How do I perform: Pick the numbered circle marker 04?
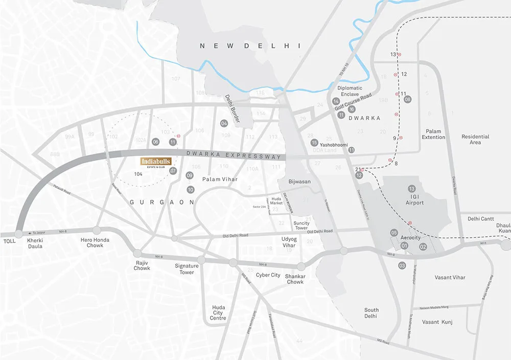[224, 123]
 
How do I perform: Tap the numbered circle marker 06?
[156, 142]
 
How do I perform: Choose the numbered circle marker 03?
[402, 265]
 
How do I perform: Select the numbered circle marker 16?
[352, 109]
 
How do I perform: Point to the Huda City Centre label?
[218, 313]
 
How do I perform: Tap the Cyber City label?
[268, 275]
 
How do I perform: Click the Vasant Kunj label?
[437, 322]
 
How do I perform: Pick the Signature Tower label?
[187, 269]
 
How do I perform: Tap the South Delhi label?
[371, 313]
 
